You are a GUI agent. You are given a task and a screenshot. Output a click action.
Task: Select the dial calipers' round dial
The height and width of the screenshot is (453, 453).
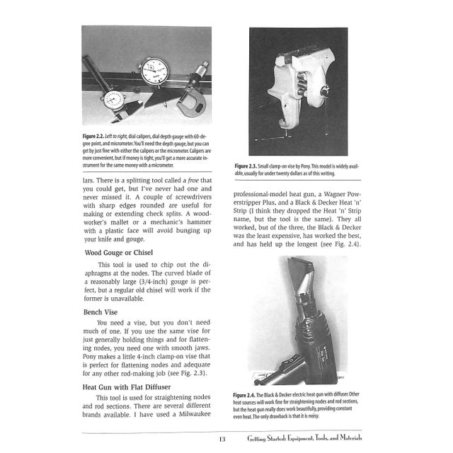pos(113,99)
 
